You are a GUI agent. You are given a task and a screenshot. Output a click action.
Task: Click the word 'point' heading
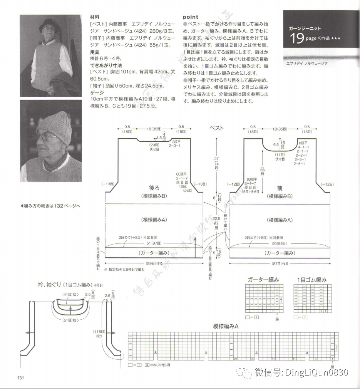190,17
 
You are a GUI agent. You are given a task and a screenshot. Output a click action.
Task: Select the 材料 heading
95,17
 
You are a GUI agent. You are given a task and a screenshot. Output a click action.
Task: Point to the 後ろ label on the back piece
154,188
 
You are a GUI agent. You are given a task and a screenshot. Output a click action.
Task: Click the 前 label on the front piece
280,188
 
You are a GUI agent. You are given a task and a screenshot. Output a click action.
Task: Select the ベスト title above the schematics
216,128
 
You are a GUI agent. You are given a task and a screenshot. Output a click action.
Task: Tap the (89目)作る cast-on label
154,263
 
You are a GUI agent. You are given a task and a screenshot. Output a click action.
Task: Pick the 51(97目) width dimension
153,243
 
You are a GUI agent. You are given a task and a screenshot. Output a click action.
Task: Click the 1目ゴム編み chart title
312,280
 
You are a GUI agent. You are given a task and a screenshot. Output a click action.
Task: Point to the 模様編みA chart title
226,326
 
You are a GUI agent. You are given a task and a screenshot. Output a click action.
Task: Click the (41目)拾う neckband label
68,295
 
